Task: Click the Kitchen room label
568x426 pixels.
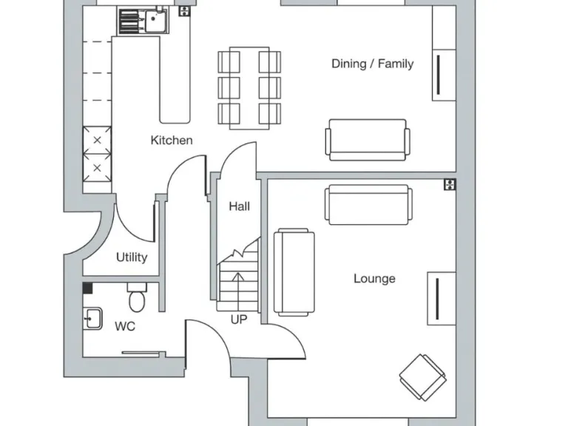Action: point(172,140)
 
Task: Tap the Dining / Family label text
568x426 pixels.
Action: point(372,64)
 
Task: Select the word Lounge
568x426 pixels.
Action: point(374,279)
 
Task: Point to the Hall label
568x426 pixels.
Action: point(239,206)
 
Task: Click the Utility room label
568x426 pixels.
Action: point(132,257)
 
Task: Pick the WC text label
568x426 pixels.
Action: point(125,326)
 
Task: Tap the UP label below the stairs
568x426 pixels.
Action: point(239,319)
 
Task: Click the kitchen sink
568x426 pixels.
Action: point(155,21)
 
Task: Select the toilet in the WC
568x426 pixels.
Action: point(137,299)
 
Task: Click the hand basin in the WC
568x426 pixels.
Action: point(92,319)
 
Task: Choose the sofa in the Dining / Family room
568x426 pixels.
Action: point(367,139)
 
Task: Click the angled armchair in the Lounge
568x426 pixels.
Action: point(422,375)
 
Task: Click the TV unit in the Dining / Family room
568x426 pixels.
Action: point(443,74)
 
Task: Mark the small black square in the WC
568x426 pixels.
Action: point(87,288)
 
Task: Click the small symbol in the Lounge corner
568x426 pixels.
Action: point(448,184)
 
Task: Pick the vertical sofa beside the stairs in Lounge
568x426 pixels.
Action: point(294,271)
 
